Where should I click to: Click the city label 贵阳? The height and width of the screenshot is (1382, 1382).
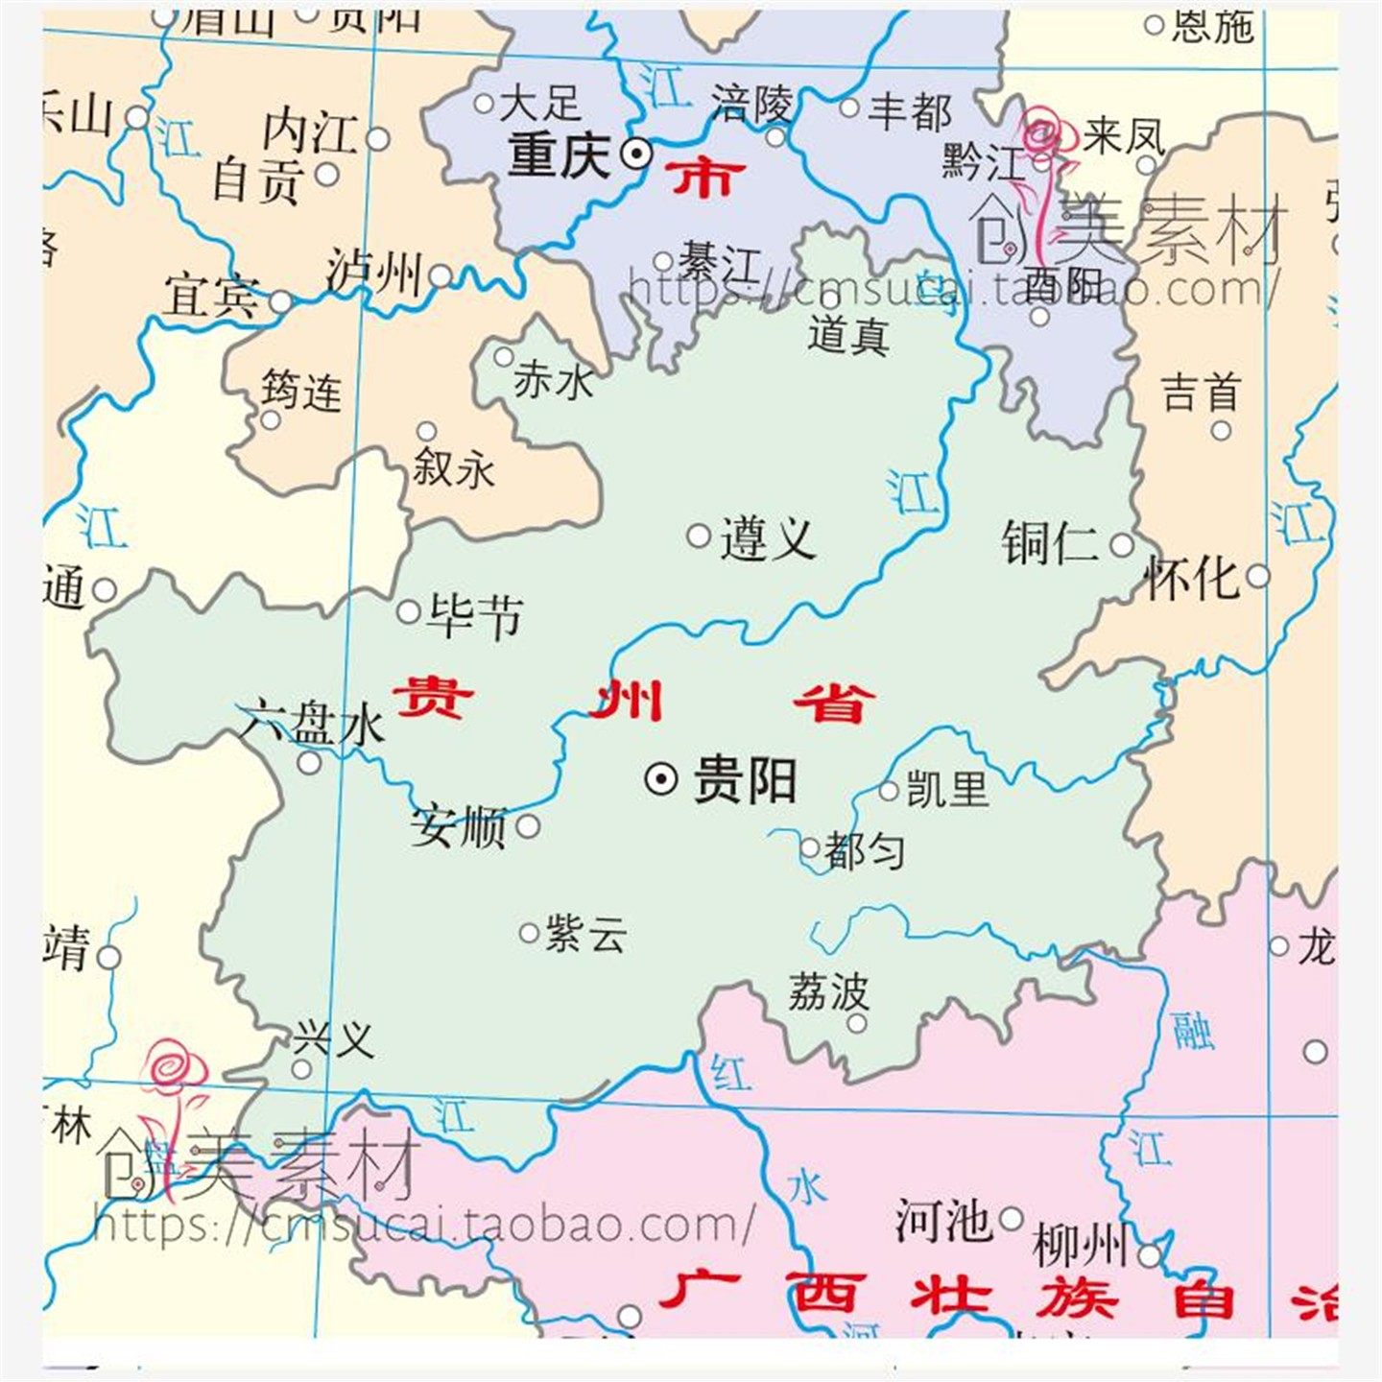pos(745,779)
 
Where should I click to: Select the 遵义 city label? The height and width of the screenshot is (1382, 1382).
pos(768,538)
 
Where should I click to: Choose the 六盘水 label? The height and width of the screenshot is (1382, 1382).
pos(313,723)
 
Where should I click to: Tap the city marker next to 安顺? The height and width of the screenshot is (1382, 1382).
pos(528,825)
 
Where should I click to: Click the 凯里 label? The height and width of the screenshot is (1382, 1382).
pos(947,789)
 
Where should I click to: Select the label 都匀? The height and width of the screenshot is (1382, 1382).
pos(864,850)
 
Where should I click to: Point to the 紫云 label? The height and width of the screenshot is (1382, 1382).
pos(585,933)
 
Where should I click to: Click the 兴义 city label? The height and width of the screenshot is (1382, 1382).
pos(333,1037)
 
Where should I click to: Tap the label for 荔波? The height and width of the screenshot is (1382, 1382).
pos(828,992)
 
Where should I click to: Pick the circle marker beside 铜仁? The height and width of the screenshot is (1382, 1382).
pos(1121,545)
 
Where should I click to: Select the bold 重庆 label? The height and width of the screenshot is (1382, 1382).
pos(560,155)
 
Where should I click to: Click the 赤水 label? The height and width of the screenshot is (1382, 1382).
pos(554,381)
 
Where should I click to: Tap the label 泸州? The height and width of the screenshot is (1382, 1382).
pos(373,273)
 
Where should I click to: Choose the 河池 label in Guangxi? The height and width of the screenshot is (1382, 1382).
pos(942,1221)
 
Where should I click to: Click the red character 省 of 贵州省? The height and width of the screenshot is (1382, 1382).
pos(834,703)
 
